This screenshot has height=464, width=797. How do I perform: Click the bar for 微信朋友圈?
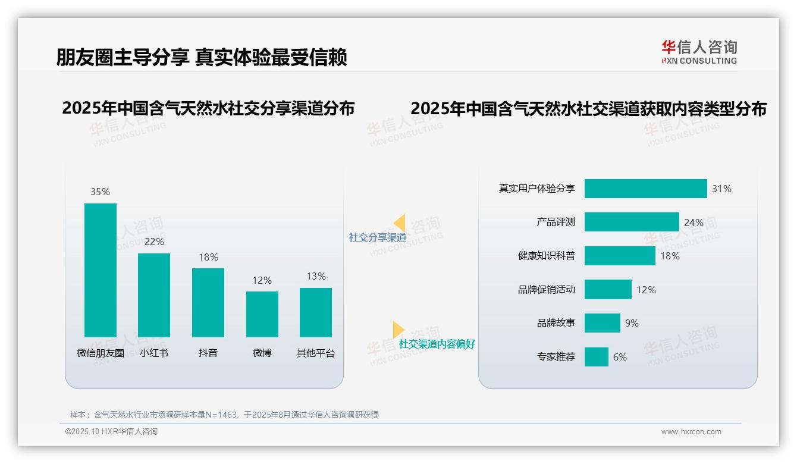pos(101,270)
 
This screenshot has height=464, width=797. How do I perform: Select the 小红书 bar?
pos(154,295)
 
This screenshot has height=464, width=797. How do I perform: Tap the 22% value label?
pos(154,242)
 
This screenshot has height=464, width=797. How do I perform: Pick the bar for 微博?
pos(262,314)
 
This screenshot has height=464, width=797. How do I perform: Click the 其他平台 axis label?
pos(316,353)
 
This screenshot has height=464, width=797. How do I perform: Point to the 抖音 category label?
pos(208,353)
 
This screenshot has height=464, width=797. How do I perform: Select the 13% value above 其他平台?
pos(316,276)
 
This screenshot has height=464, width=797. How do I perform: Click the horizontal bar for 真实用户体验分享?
pos(645,189)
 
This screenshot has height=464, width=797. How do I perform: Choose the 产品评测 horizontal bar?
pos(632,222)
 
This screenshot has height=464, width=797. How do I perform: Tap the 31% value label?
pos(721,189)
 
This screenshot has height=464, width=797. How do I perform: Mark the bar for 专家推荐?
pos(597,357)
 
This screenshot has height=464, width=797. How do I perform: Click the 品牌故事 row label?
pos(556,323)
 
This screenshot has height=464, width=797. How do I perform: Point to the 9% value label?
pos(632,323)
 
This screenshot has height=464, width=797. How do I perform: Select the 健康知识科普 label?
pos(547,256)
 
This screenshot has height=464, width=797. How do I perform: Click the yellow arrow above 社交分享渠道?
pos(400,222)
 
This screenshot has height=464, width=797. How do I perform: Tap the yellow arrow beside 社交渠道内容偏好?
pos(398,330)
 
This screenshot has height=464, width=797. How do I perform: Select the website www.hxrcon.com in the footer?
pos(691,432)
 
